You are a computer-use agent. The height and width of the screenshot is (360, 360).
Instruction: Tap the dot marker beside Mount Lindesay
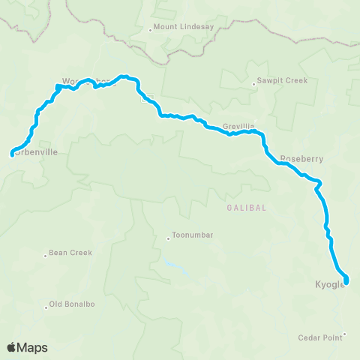click(x=151, y=30)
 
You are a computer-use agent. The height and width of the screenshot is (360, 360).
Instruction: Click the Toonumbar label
click(x=193, y=235)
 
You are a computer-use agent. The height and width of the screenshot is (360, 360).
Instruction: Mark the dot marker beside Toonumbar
click(x=169, y=239)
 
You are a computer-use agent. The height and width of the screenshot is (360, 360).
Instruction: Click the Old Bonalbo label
click(x=70, y=304)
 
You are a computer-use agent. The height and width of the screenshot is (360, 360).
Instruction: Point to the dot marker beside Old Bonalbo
click(x=46, y=305)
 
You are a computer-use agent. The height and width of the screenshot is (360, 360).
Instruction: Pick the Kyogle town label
click(x=327, y=285)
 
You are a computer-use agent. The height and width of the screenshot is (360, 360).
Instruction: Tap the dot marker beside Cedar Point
click(x=345, y=334)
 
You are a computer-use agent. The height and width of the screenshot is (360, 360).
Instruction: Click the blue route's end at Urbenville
click(x=12, y=155)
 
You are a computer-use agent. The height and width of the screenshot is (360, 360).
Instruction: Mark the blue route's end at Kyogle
click(x=346, y=283)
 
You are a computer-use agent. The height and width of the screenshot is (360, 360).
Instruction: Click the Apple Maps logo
click(x=27, y=347)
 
